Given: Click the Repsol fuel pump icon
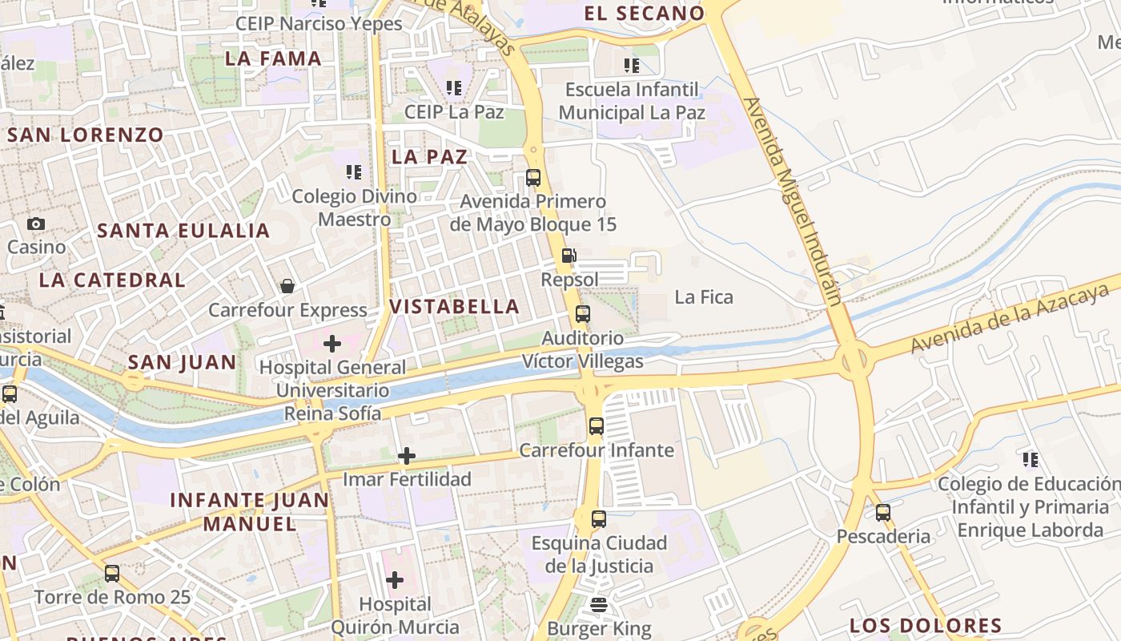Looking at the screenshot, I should (x=569, y=256).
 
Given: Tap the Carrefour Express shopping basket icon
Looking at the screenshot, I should (x=287, y=286).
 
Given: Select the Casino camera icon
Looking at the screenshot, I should (x=36, y=224).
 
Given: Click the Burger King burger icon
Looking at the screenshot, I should (x=599, y=605).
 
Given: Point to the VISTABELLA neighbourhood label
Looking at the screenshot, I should (x=454, y=306).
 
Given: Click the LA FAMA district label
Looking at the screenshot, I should (x=273, y=58).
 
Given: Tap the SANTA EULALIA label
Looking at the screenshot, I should (x=183, y=231).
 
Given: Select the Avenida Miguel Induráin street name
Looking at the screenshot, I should (x=792, y=200).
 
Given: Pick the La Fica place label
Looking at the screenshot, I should (x=704, y=297).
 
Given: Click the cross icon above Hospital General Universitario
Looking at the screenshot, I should (x=331, y=344).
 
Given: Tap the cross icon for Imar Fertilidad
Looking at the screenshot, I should (x=406, y=456).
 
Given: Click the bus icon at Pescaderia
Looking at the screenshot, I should (x=883, y=513).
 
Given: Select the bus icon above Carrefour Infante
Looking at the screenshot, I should (x=596, y=426).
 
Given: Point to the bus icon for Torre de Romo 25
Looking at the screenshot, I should (x=112, y=574).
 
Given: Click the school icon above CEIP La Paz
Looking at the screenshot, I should (x=454, y=88).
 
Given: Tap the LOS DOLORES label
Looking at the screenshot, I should (x=925, y=626).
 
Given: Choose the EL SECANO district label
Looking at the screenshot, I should (x=644, y=14).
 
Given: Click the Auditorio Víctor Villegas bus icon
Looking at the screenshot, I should (x=582, y=314).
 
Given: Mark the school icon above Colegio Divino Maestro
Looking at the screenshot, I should (x=354, y=172).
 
